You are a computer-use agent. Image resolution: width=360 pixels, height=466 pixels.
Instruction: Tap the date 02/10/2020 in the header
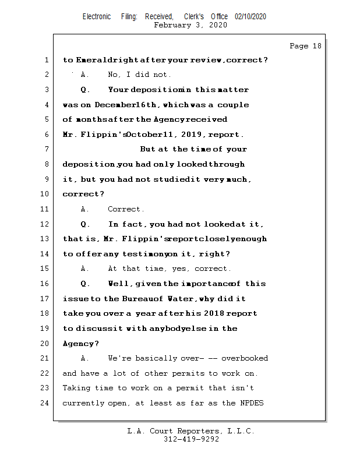(250, 17)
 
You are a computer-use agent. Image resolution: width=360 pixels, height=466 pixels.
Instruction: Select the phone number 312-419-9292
(191, 439)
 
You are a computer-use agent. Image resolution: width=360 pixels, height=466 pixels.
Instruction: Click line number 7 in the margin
(47, 150)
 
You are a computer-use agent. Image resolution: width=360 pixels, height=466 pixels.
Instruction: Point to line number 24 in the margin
(45, 403)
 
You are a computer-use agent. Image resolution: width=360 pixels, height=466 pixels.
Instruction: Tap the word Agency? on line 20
(81, 344)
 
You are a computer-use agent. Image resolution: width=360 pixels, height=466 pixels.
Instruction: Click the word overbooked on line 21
(245, 358)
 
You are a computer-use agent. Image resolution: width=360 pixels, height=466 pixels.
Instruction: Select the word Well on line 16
(119, 284)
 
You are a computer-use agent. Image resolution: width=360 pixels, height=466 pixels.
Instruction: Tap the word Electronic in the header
(97, 17)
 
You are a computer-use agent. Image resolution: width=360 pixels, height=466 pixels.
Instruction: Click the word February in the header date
(171, 25)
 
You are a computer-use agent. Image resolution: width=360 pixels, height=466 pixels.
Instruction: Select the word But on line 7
(148, 150)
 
